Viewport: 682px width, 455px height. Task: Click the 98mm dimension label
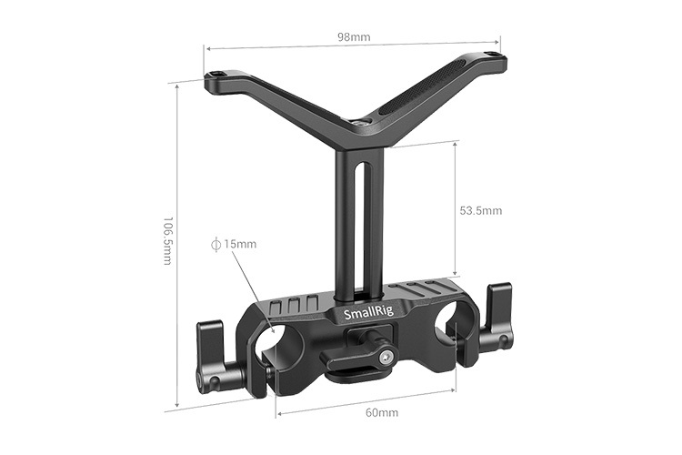click(353, 38)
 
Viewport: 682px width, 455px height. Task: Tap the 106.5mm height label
click(166, 240)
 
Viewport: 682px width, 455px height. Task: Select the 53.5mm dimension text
click(481, 210)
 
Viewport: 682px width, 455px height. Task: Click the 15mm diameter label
click(240, 244)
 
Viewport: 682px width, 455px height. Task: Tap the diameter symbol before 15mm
click(216, 244)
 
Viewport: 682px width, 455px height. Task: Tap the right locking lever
click(498, 318)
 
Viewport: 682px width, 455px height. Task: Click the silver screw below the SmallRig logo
click(386, 355)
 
